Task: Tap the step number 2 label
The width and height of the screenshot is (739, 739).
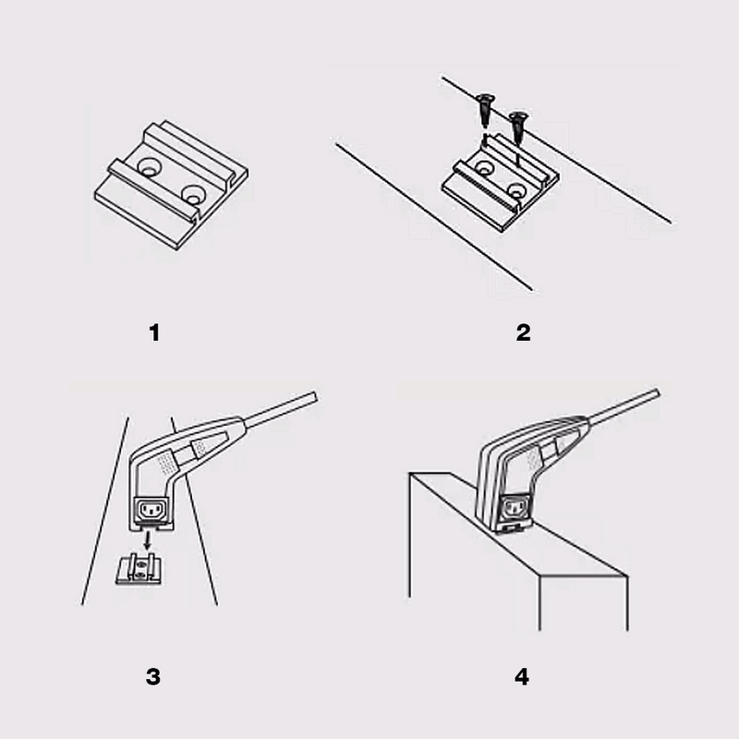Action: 523,333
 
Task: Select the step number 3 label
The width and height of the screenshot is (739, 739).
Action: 153,676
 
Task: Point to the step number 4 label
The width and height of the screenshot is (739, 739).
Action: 523,676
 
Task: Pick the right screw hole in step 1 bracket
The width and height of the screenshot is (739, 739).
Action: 193,194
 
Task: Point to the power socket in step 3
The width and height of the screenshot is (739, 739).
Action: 150,510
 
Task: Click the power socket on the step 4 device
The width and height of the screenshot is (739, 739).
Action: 515,506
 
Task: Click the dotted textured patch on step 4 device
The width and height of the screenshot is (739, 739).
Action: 533,457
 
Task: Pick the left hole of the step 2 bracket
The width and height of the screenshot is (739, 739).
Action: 482,168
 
